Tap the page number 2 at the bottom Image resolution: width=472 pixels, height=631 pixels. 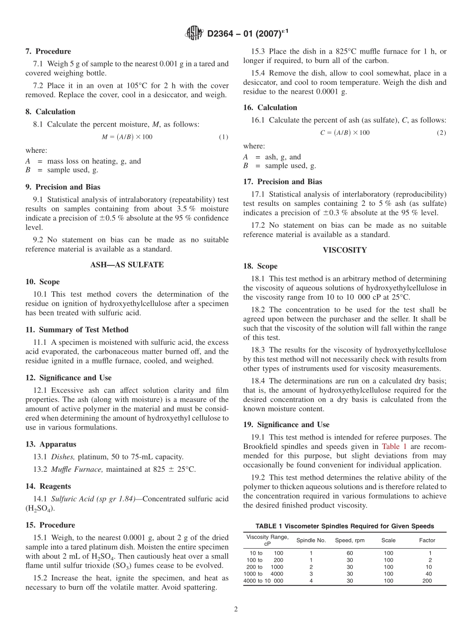click(x=236, y=610)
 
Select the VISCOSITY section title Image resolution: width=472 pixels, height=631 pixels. click(x=344, y=250)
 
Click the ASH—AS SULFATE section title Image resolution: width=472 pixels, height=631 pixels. click(x=127, y=265)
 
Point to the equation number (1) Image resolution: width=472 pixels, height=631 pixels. click(x=224, y=137)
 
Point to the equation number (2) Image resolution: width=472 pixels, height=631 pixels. click(x=441, y=133)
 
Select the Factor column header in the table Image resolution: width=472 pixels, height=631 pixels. click(x=427, y=540)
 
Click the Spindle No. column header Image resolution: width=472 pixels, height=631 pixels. click(x=311, y=540)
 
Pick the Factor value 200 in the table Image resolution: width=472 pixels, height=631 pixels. click(x=427, y=580)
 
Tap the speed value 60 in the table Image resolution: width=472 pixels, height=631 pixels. click(x=350, y=553)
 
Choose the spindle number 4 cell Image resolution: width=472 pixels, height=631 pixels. click(x=311, y=580)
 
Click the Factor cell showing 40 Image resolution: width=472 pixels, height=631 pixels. click(x=427, y=574)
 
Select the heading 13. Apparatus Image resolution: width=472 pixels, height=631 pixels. click(x=51, y=444)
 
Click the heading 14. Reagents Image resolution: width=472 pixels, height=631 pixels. click(x=48, y=486)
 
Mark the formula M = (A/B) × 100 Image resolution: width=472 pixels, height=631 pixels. click(x=127, y=137)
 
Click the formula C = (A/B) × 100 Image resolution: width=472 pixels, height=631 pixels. click(x=344, y=133)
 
